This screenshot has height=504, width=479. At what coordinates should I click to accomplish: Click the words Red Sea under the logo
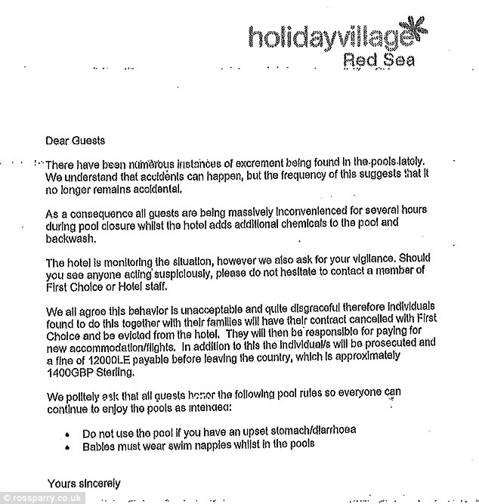tap(379, 60)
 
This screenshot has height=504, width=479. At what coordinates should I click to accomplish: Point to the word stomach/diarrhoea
tap(317, 431)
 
